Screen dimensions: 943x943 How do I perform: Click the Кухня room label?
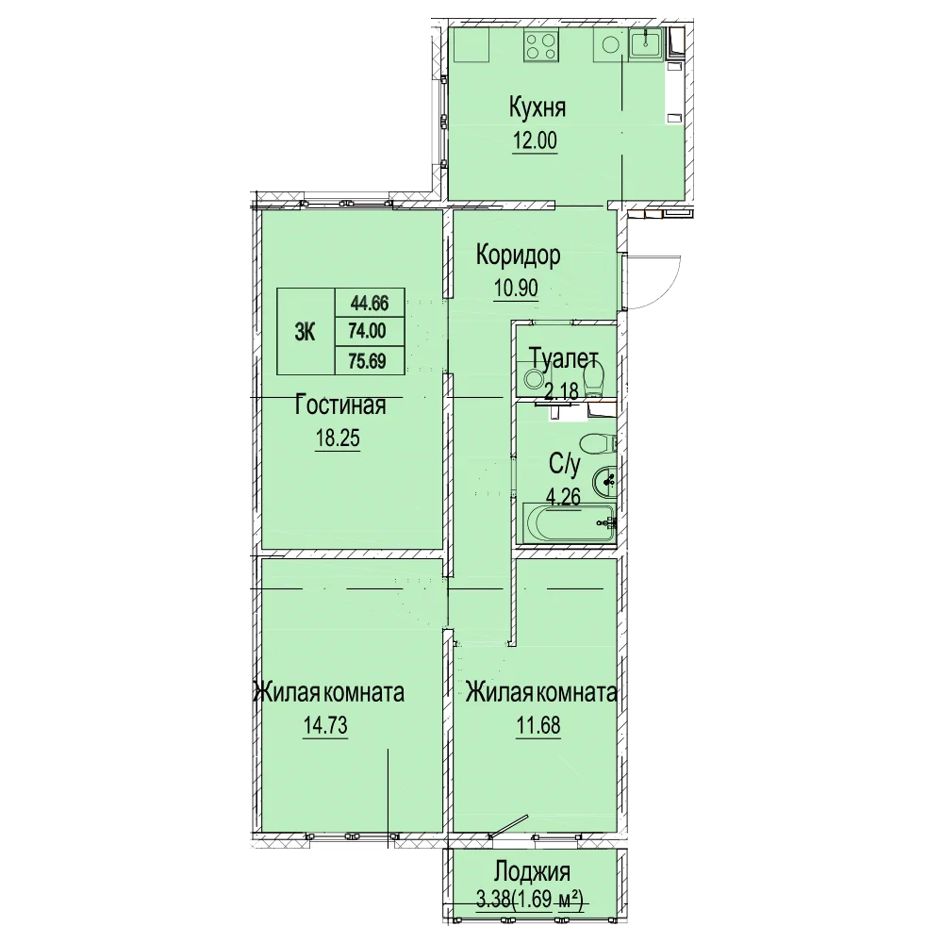tap(538, 108)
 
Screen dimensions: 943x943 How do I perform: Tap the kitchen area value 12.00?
tap(535, 141)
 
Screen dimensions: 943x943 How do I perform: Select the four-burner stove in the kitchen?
tap(540, 45)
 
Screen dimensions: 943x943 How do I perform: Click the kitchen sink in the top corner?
tap(645, 44)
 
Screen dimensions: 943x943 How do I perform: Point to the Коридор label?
tap(518, 255)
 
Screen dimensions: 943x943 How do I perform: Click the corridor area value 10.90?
tap(516, 289)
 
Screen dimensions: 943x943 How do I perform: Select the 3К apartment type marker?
tap(305, 331)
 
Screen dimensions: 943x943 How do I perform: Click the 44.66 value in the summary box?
tap(370, 303)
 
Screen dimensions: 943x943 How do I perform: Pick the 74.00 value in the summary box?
tap(368, 331)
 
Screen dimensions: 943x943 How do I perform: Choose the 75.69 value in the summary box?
tap(367, 361)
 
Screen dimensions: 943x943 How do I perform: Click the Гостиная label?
tap(340, 405)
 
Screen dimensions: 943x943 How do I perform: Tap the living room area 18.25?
tap(338, 438)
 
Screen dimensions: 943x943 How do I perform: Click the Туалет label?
tap(564, 359)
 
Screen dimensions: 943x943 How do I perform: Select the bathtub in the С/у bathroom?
tap(569, 522)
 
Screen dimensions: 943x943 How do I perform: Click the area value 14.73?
tap(325, 726)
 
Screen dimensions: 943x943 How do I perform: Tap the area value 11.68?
tap(538, 726)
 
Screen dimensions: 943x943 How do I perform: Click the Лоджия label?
tap(532, 871)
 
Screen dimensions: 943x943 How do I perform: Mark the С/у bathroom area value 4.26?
tap(563, 497)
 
